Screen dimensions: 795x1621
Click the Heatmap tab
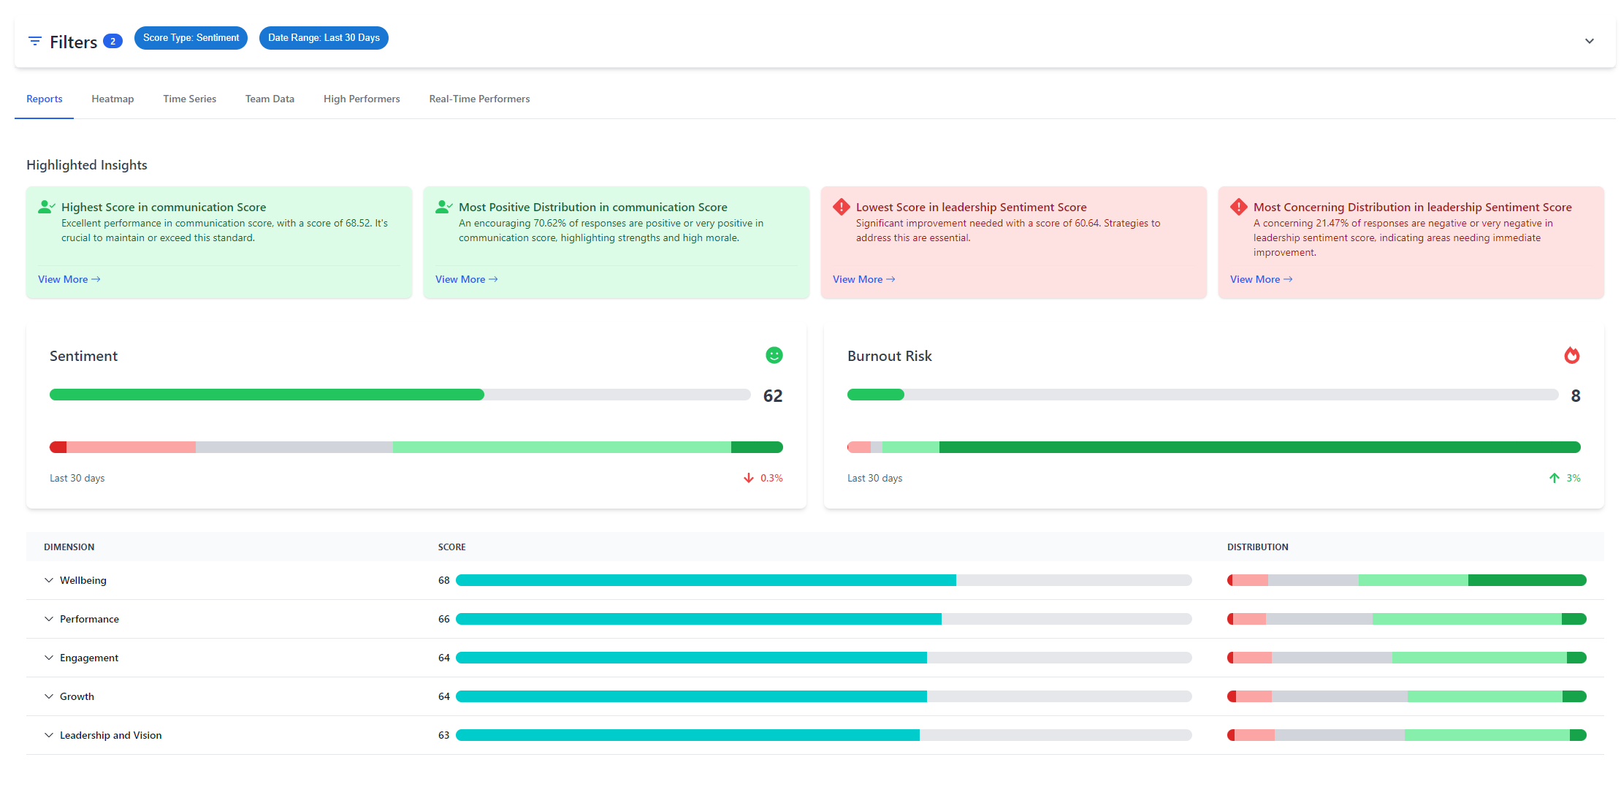[112, 99]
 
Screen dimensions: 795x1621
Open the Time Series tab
[189, 99]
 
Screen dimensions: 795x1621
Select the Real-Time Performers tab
[479, 99]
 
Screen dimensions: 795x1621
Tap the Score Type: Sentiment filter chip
[191, 38]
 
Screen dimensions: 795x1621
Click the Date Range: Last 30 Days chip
[324, 38]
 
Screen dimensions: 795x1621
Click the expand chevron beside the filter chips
[1589, 41]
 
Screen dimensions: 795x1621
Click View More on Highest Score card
[69, 279]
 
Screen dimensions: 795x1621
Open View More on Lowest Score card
[863, 279]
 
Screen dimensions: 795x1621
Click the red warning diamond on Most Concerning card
[1238, 207]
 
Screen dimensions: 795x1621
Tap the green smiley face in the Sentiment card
[774, 355]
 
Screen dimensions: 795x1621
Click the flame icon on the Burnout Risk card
[1571, 355]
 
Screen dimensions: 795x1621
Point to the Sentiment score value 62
[772, 396]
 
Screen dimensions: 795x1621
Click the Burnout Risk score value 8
[1575, 396]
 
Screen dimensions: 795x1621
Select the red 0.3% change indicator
[763, 478]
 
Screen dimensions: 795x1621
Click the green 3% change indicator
[1565, 478]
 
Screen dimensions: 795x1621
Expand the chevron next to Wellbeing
[49, 580]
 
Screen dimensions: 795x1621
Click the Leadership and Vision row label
[110, 735]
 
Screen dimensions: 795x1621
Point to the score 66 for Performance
[443, 619]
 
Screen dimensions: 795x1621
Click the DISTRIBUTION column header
[1257, 547]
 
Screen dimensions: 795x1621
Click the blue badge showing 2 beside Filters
[112, 41]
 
